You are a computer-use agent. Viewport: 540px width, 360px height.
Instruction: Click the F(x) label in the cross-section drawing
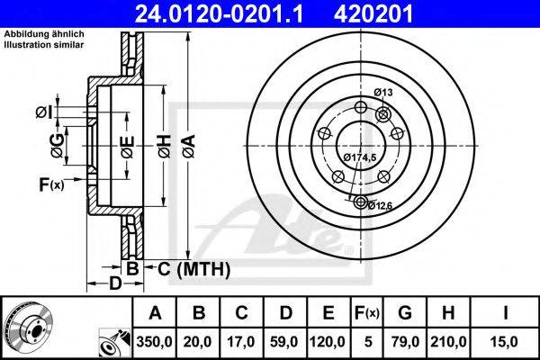tap(50, 185)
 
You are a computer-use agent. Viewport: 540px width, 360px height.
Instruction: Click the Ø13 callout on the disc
tap(384, 93)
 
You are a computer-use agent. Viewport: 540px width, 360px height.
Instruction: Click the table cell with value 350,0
tap(154, 341)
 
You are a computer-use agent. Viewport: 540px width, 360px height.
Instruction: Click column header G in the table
tap(405, 312)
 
